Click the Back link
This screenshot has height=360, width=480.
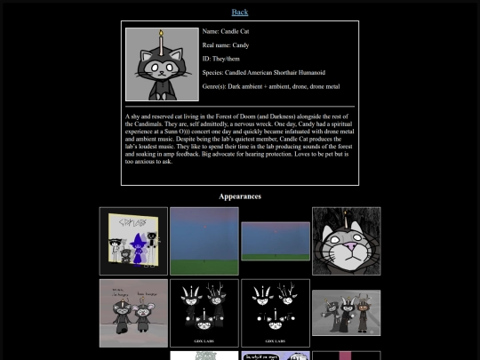[240, 12]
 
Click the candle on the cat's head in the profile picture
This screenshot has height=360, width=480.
[161, 41]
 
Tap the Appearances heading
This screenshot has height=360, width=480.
[240, 196]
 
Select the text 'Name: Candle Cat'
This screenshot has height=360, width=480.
[226, 31]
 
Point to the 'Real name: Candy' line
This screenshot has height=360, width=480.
[226, 44]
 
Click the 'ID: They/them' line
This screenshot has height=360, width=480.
[221, 59]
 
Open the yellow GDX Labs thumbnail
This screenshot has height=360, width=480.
[133, 241]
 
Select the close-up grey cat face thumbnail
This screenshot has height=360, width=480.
[346, 241]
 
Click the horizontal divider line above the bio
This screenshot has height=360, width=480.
[240, 106]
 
